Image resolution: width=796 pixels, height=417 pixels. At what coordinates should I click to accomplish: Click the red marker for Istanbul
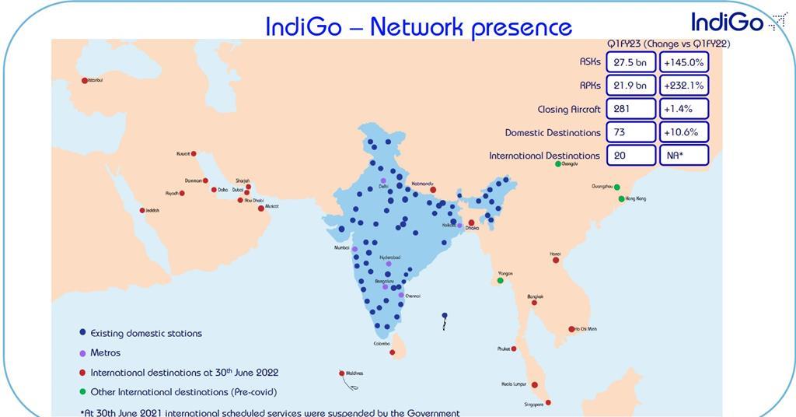(85, 80)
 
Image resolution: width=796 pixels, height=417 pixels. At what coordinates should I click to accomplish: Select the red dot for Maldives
(341, 373)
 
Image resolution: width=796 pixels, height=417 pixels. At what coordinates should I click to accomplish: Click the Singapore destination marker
(548, 402)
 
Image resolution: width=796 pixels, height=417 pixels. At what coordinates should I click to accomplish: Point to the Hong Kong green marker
(621, 198)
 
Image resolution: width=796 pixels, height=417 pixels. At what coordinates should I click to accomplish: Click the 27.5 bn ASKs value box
(630, 62)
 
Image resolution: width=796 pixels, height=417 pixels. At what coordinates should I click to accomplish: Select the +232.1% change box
(683, 86)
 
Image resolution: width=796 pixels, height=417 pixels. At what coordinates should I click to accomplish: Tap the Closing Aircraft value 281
(630, 109)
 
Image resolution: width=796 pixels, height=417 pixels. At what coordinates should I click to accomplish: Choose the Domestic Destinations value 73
(630, 132)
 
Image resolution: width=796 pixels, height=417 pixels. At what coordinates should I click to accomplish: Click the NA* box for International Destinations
(683, 156)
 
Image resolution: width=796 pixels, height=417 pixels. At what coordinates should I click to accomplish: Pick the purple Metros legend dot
(82, 352)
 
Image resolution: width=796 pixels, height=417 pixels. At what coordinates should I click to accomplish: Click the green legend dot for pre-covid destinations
(82, 392)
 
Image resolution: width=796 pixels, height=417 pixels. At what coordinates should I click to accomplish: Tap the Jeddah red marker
(142, 210)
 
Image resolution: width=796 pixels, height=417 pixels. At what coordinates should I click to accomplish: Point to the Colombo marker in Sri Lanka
(392, 353)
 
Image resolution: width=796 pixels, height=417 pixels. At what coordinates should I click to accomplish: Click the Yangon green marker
(501, 280)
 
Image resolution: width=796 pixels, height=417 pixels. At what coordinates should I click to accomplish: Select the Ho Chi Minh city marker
(572, 329)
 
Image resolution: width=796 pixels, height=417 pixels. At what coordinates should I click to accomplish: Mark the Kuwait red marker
(194, 153)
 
